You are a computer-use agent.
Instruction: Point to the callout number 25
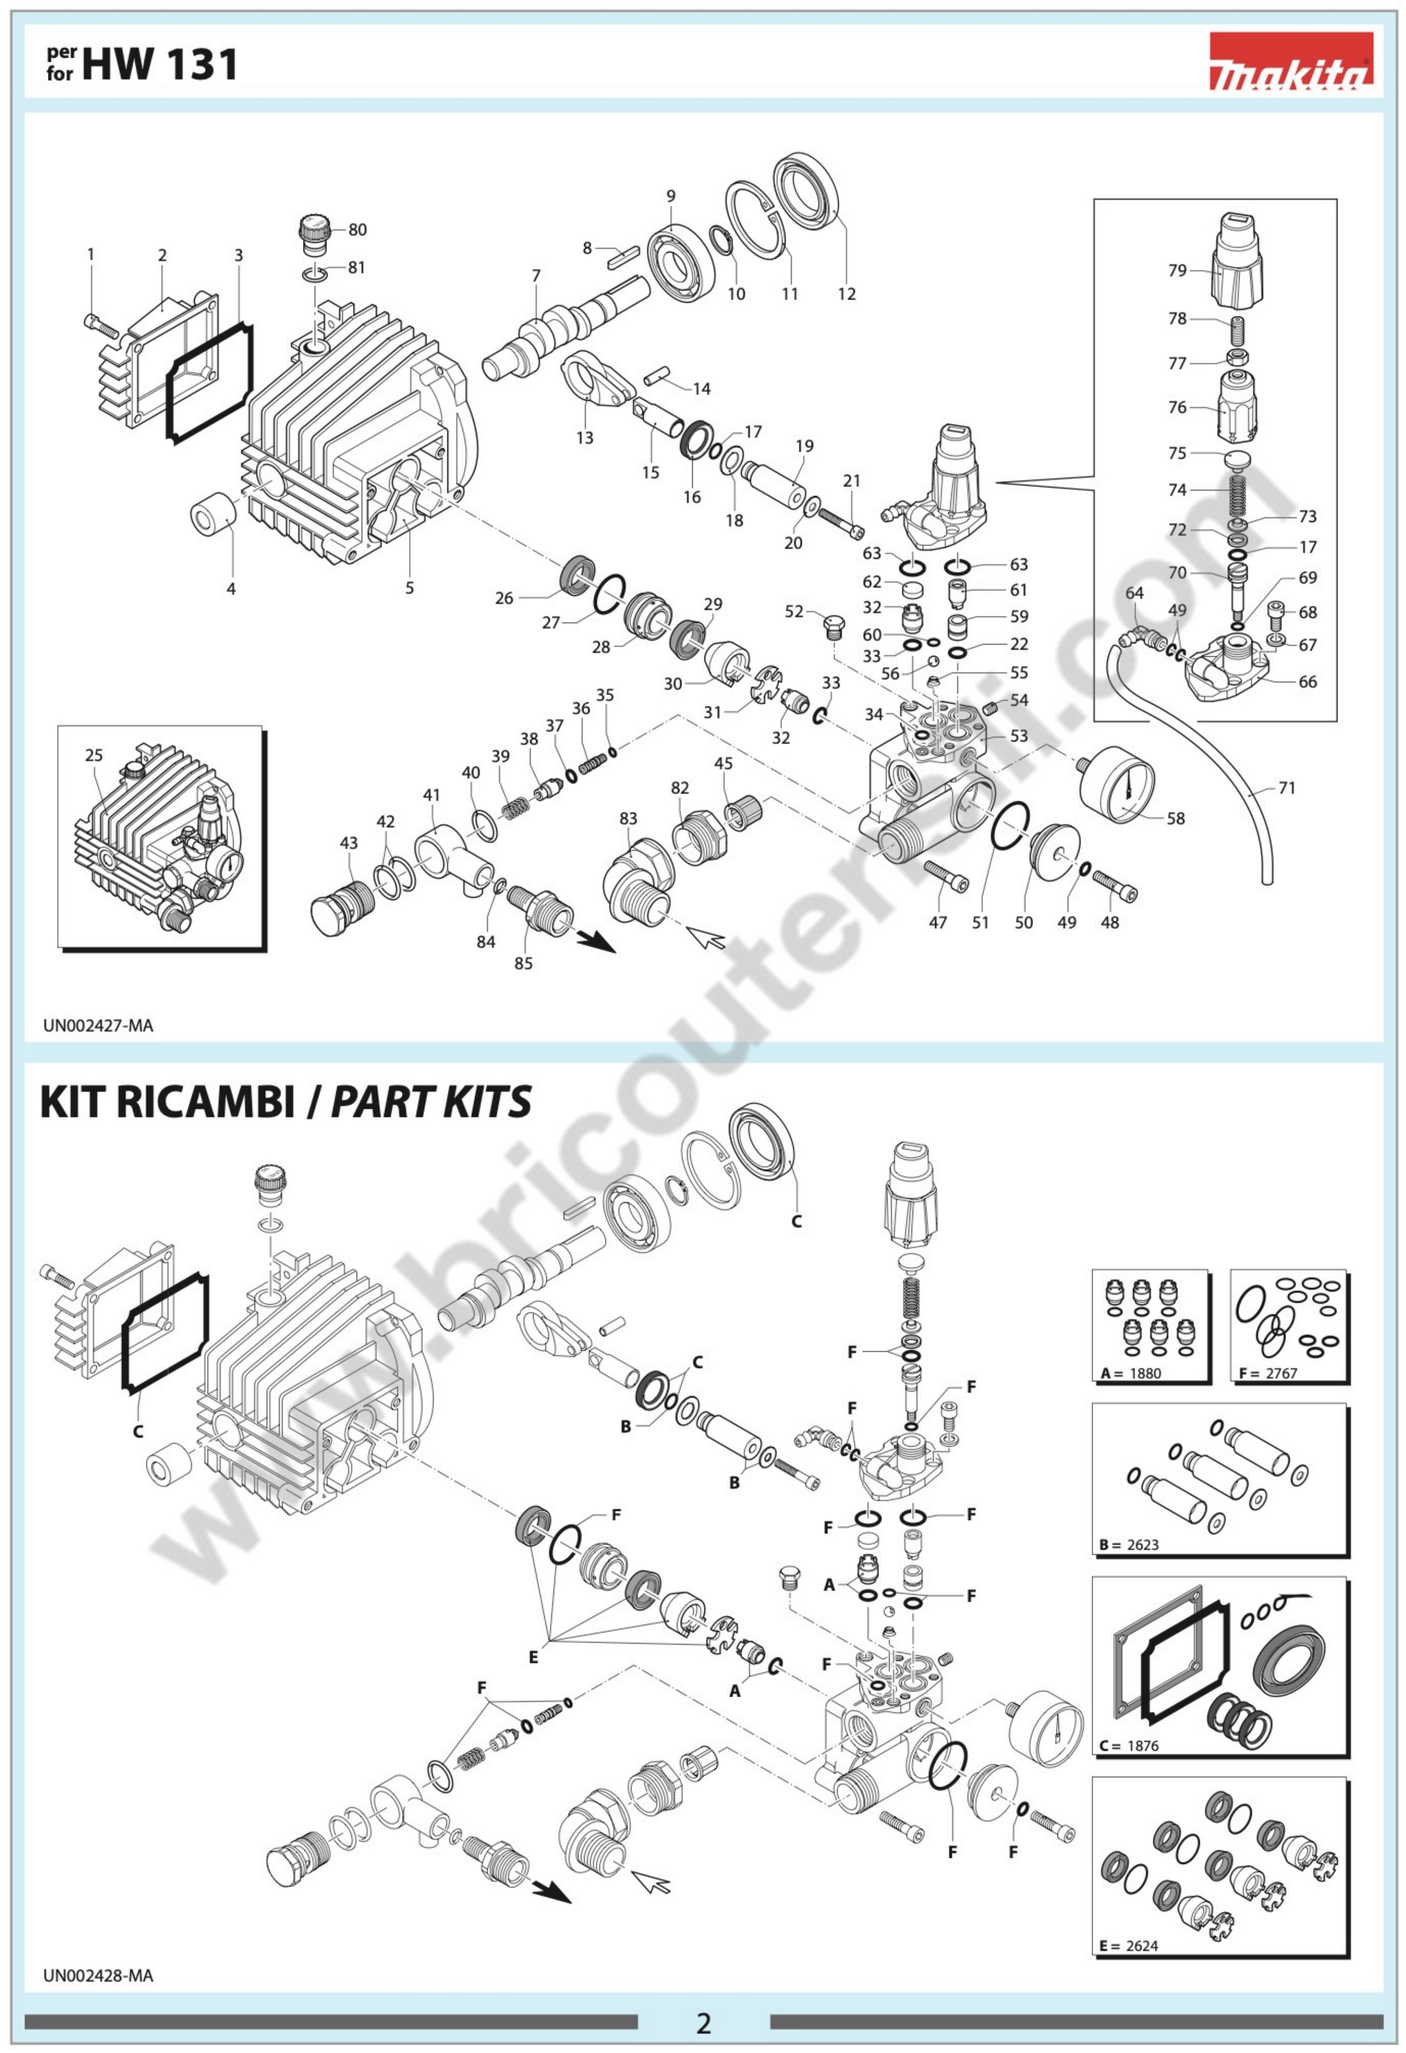click(94, 755)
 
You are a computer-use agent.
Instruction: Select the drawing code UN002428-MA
click(98, 1975)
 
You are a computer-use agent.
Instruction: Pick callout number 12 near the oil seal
click(847, 294)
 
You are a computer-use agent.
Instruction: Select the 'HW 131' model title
click(161, 65)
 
